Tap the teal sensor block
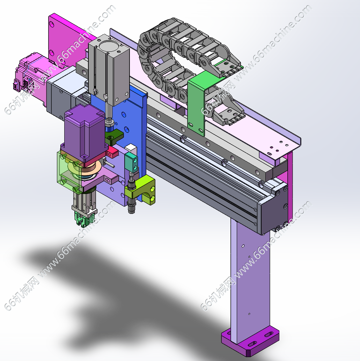(131, 162)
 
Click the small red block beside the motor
(112, 152)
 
